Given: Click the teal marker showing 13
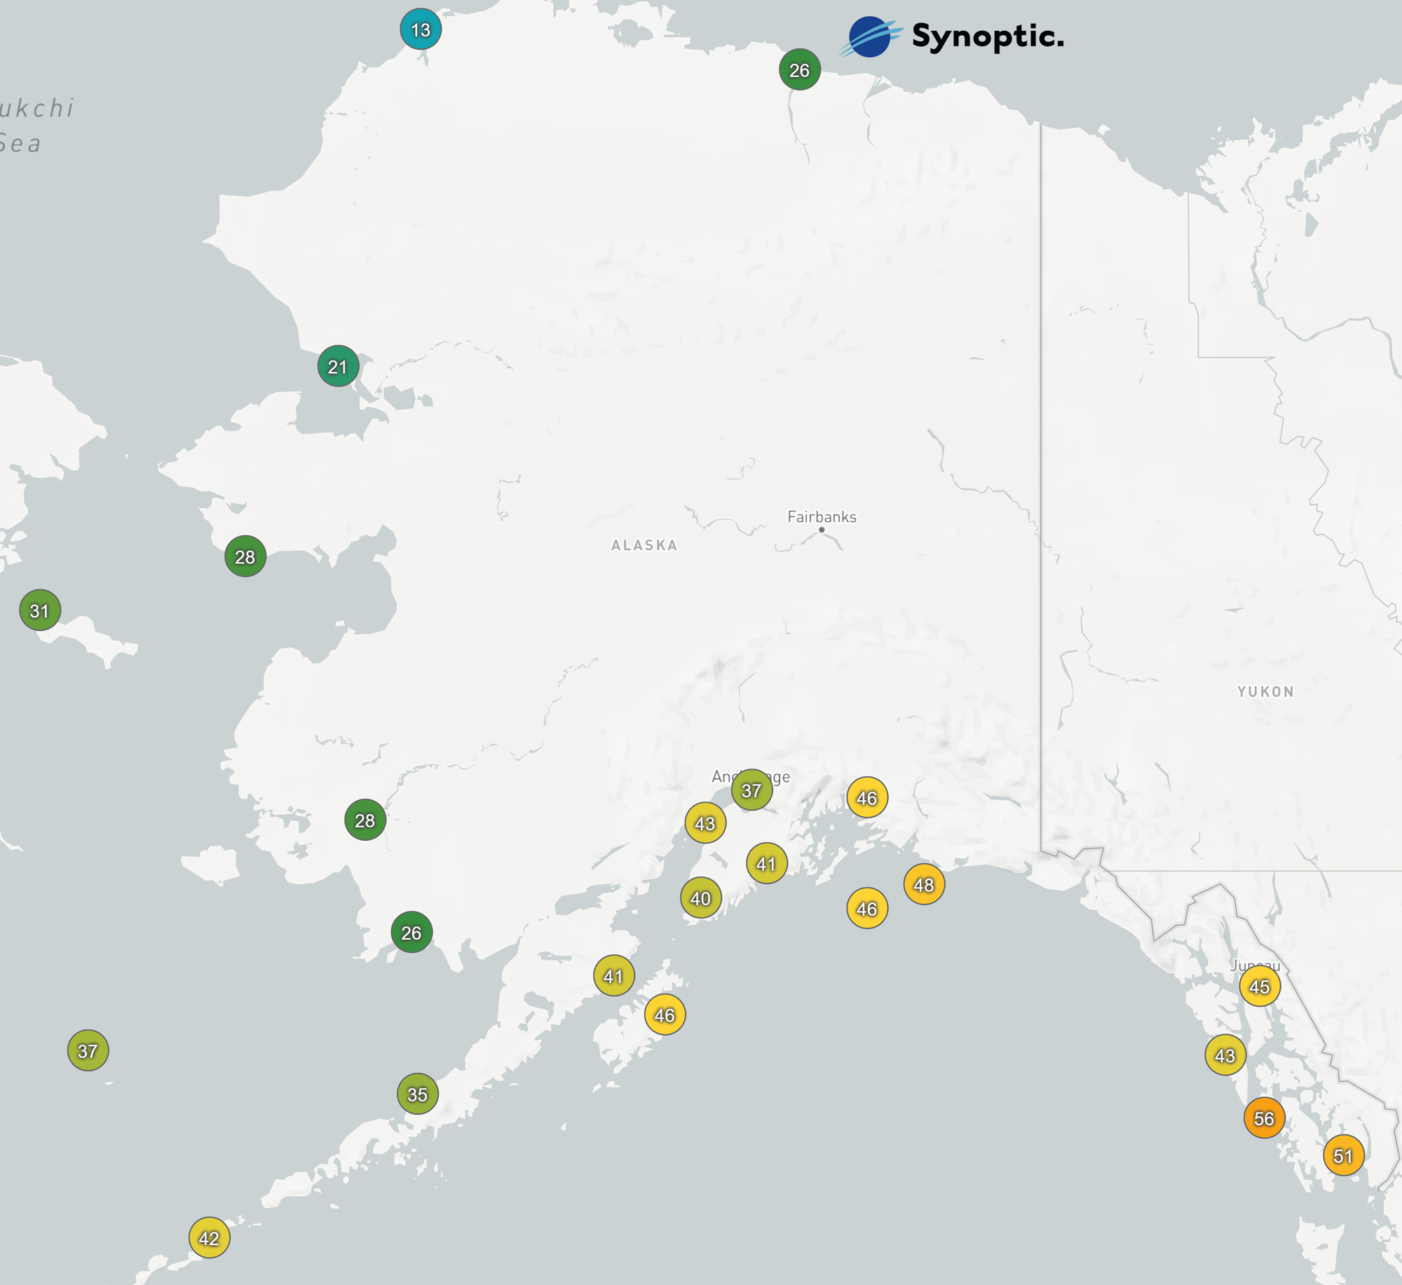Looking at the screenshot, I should (x=421, y=29).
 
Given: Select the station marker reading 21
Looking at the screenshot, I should (x=338, y=366).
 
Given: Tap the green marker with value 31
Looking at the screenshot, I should (x=40, y=610).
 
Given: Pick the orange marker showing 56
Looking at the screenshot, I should (x=1264, y=1118).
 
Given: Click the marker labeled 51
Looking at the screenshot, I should (x=1343, y=1155).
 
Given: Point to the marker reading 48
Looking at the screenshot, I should (x=924, y=885).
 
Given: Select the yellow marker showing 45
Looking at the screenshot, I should (x=1260, y=987).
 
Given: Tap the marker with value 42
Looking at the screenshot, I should (x=209, y=1238).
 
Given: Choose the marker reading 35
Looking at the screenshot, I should (x=418, y=1094).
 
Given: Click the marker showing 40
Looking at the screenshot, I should (x=701, y=898).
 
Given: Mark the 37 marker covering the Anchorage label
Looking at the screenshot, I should (x=751, y=790).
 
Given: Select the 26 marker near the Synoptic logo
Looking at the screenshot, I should (x=800, y=70).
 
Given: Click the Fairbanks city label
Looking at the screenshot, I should (x=822, y=517).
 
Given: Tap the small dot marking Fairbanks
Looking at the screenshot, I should (x=822, y=530).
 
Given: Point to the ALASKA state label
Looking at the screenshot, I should (x=644, y=545).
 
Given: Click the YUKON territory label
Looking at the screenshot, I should (x=1265, y=692).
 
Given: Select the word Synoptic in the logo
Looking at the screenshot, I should (x=987, y=36).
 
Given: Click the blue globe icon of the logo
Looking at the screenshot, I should (x=869, y=37).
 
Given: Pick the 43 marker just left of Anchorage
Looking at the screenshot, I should (x=705, y=823).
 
